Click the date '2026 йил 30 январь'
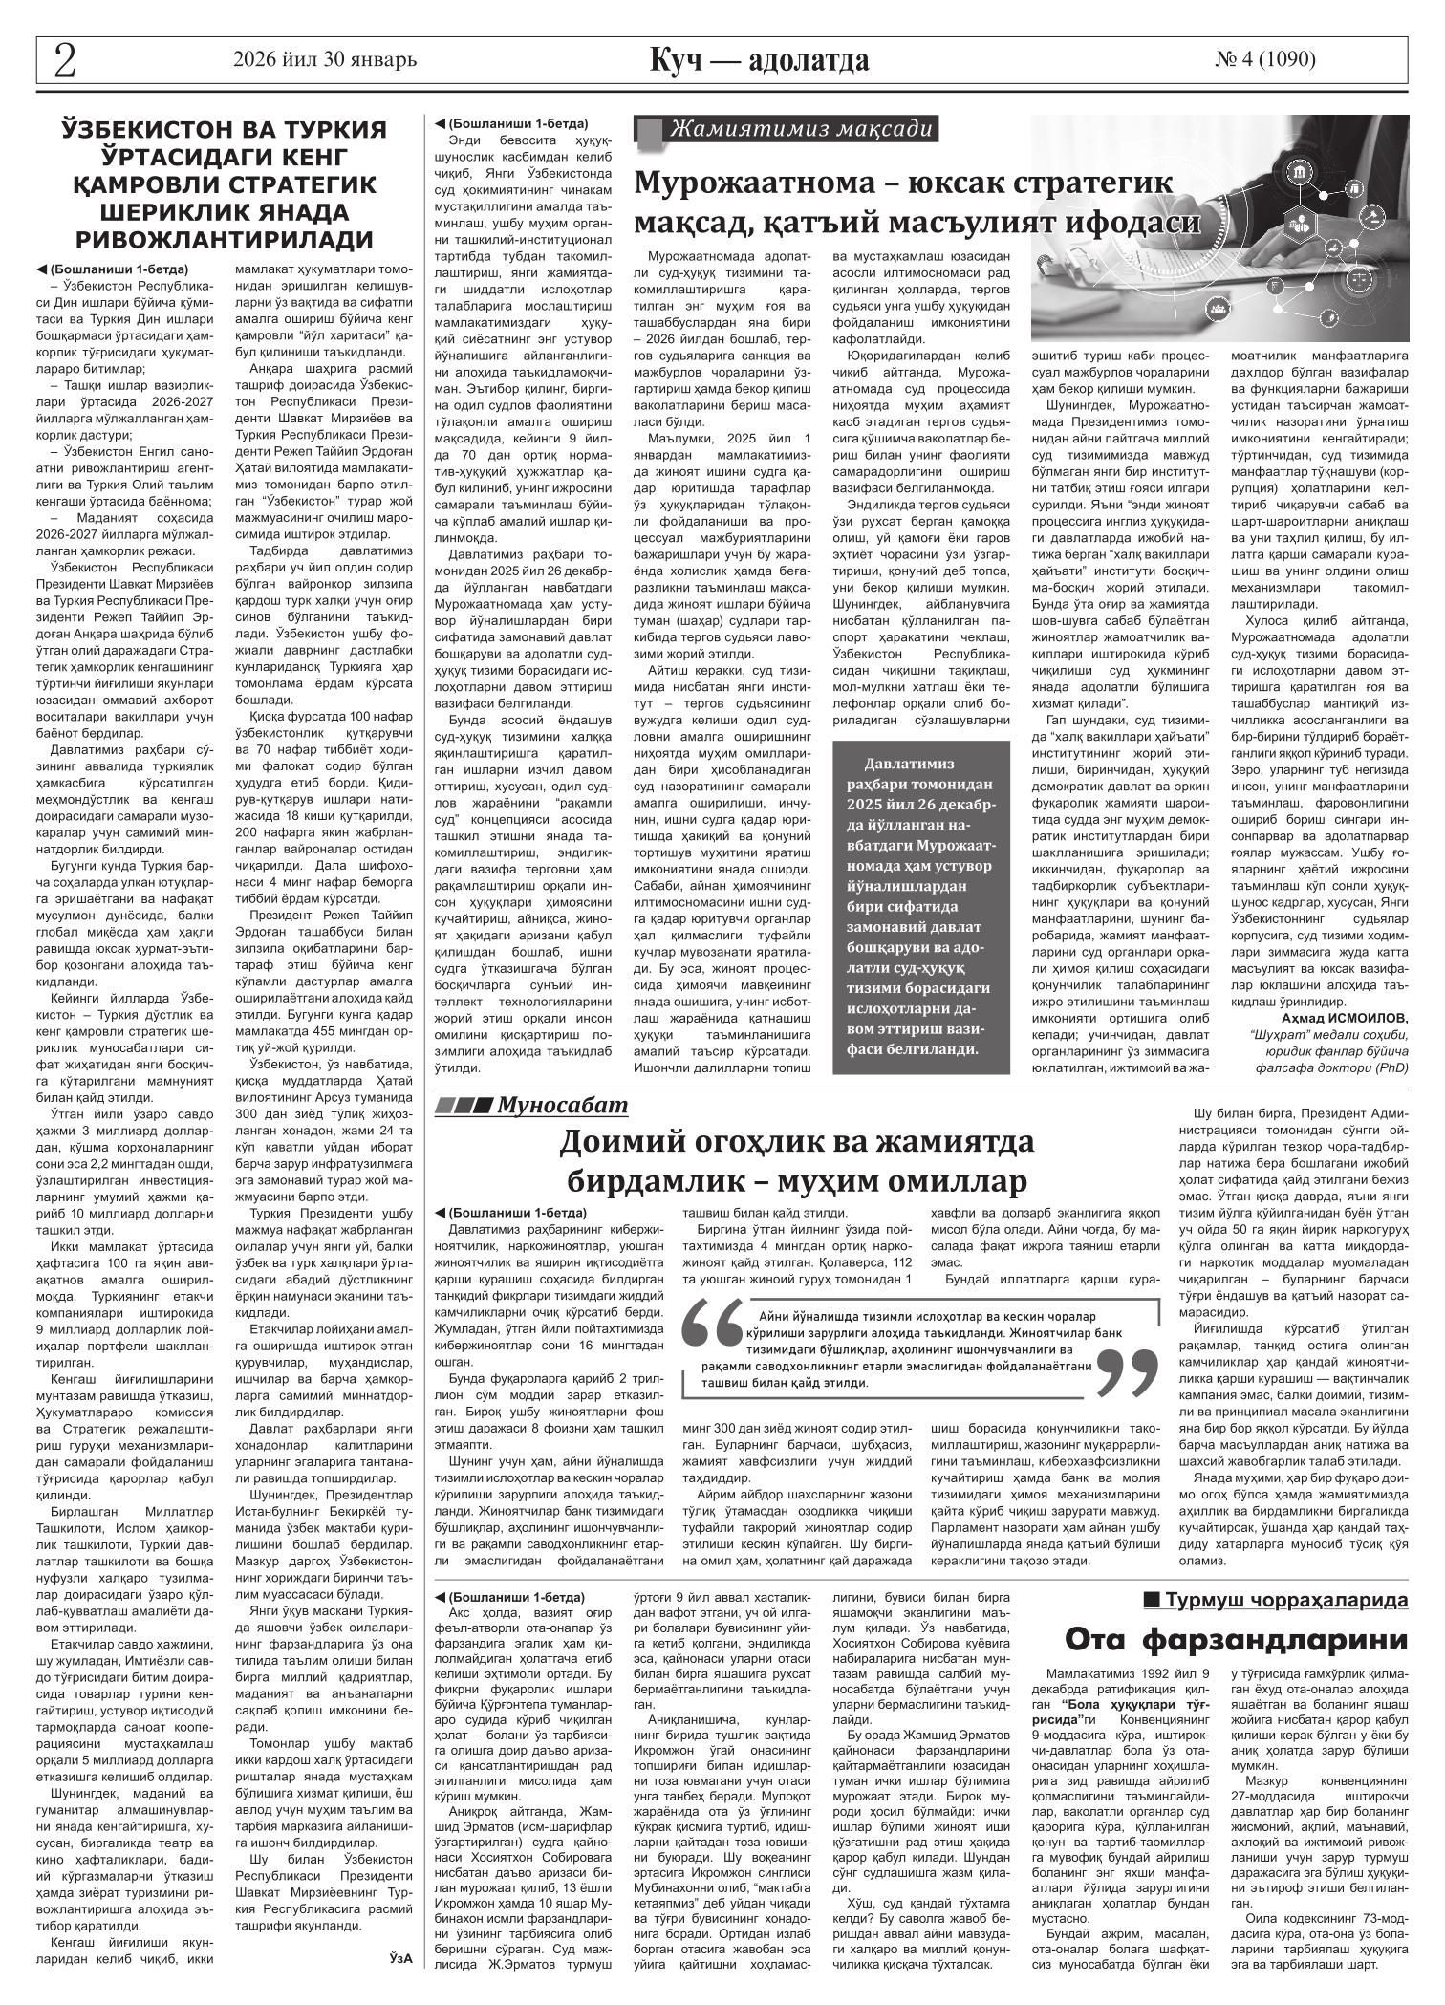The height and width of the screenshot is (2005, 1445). coord(325,60)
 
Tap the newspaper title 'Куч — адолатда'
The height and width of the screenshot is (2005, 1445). coord(760,60)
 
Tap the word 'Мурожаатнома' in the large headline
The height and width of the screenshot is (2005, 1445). coord(772,182)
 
